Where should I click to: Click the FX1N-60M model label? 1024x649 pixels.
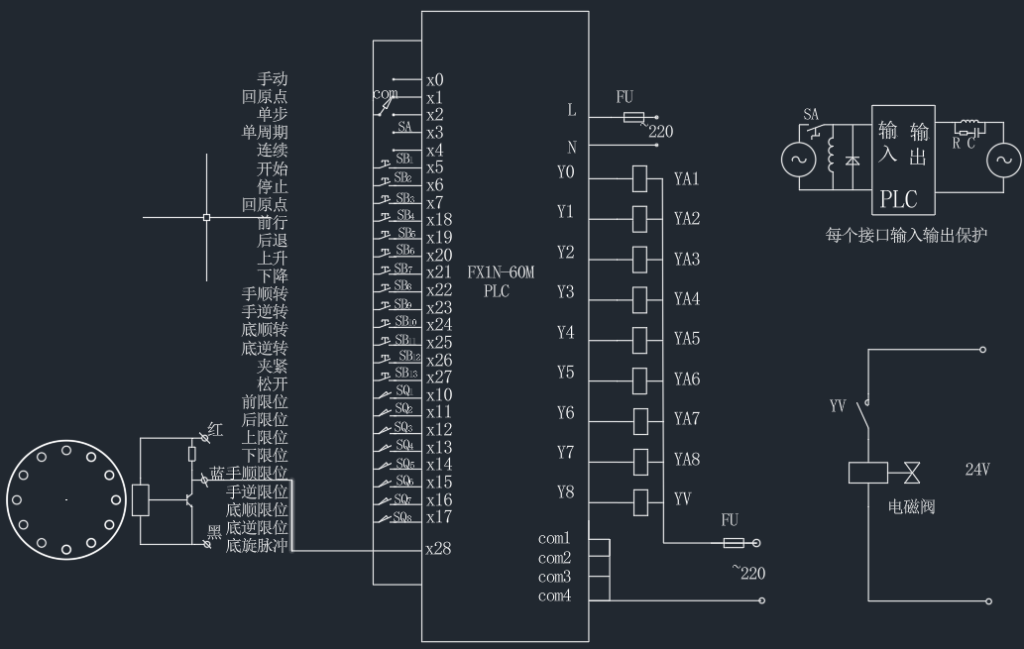[501, 273]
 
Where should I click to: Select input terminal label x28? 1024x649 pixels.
[439, 548]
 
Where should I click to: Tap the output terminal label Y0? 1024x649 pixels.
[565, 172]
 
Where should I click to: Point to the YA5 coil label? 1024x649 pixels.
[686, 339]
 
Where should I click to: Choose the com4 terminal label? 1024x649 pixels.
[555, 595]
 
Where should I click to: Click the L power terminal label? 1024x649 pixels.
[571, 110]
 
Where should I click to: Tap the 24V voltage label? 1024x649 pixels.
[976, 469]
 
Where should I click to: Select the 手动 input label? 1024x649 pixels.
[273, 79]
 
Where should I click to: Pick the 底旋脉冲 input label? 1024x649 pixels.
[257, 545]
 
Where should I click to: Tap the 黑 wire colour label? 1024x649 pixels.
[213, 532]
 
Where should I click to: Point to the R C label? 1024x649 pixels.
[963, 143]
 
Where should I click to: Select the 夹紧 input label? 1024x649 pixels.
[273, 366]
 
